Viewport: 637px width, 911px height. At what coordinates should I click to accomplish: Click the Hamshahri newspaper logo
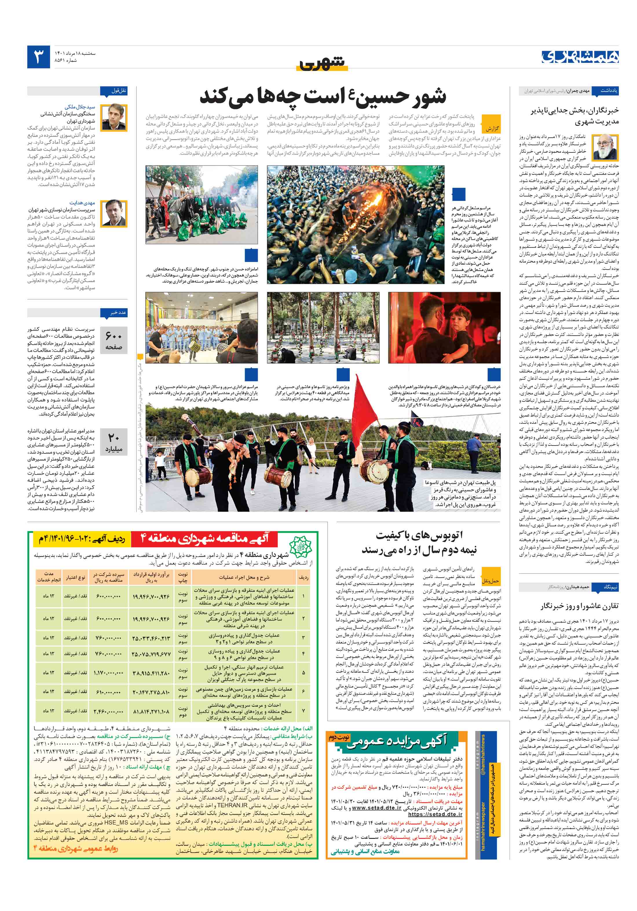[x=579, y=57]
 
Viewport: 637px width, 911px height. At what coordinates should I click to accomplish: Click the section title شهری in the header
[x=322, y=63]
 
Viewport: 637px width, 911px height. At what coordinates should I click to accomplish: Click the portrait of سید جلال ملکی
[x=114, y=117]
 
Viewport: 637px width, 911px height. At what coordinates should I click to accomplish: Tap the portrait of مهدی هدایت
[x=114, y=213]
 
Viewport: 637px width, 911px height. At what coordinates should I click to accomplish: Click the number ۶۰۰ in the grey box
[x=114, y=336]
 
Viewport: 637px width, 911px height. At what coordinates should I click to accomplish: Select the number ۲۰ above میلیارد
[x=114, y=437]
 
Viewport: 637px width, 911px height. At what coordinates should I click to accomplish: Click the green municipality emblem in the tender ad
[x=300, y=548]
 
